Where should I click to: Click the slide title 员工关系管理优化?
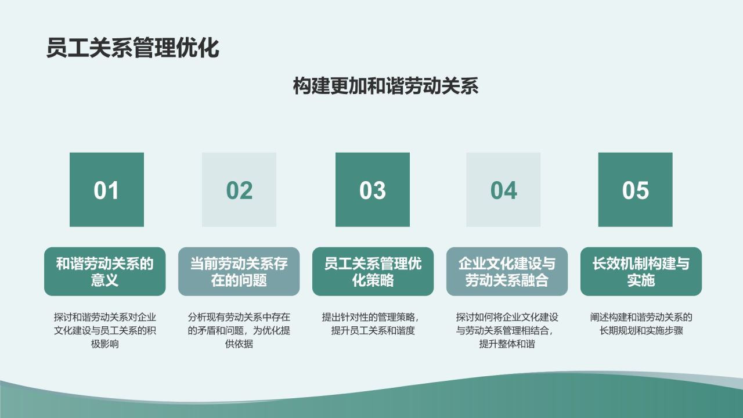tap(132, 48)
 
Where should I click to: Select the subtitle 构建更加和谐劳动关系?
tap(385, 86)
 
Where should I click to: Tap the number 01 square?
tap(106, 190)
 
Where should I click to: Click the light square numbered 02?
tap(239, 190)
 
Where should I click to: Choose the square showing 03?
tap(372, 190)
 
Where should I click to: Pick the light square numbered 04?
tap(503, 190)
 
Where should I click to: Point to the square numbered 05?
tap(635, 190)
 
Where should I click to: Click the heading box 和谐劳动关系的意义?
tap(105, 272)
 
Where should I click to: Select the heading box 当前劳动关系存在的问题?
tap(239, 272)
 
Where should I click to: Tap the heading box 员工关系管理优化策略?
tap(373, 272)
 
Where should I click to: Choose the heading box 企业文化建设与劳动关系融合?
tap(507, 272)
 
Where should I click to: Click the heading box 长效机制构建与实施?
tap(641, 272)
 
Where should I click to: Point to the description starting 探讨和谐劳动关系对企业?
tap(105, 331)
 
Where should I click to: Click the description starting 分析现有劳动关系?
tap(239, 331)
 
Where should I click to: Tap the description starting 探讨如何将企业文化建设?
tap(507, 331)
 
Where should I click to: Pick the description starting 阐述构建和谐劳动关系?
tap(641, 325)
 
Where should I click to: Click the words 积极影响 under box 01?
tap(105, 344)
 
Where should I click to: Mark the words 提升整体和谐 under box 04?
tap(507, 344)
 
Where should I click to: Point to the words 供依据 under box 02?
tap(239, 344)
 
